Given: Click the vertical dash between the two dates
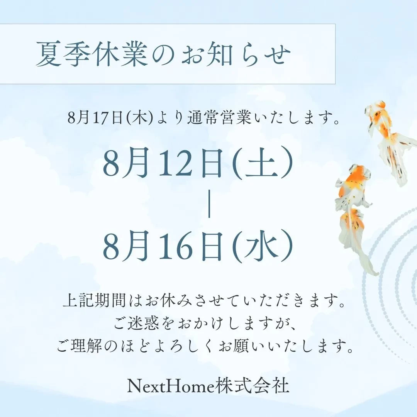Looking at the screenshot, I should coord(209,205).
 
